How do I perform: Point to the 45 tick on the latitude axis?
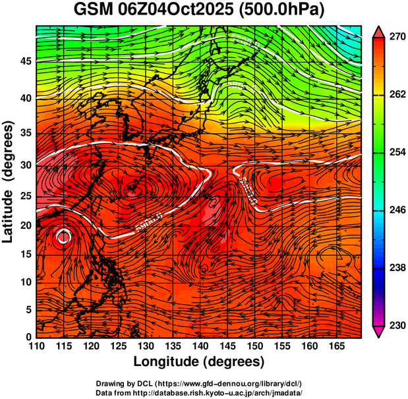pyautogui.click(x=24, y=61)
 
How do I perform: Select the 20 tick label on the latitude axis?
pyautogui.click(x=24, y=226)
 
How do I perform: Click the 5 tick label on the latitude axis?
pyautogui.click(x=28, y=309)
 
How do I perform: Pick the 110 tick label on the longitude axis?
pyautogui.click(x=36, y=346)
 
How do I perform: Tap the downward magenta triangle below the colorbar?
pyautogui.click(x=378, y=332)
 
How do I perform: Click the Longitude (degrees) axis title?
pyautogui.click(x=199, y=362)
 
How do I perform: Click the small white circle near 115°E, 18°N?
pyautogui.click(x=63, y=236)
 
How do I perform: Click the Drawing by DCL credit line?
pyautogui.click(x=199, y=383)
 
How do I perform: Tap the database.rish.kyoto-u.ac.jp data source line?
pyautogui.click(x=199, y=392)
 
